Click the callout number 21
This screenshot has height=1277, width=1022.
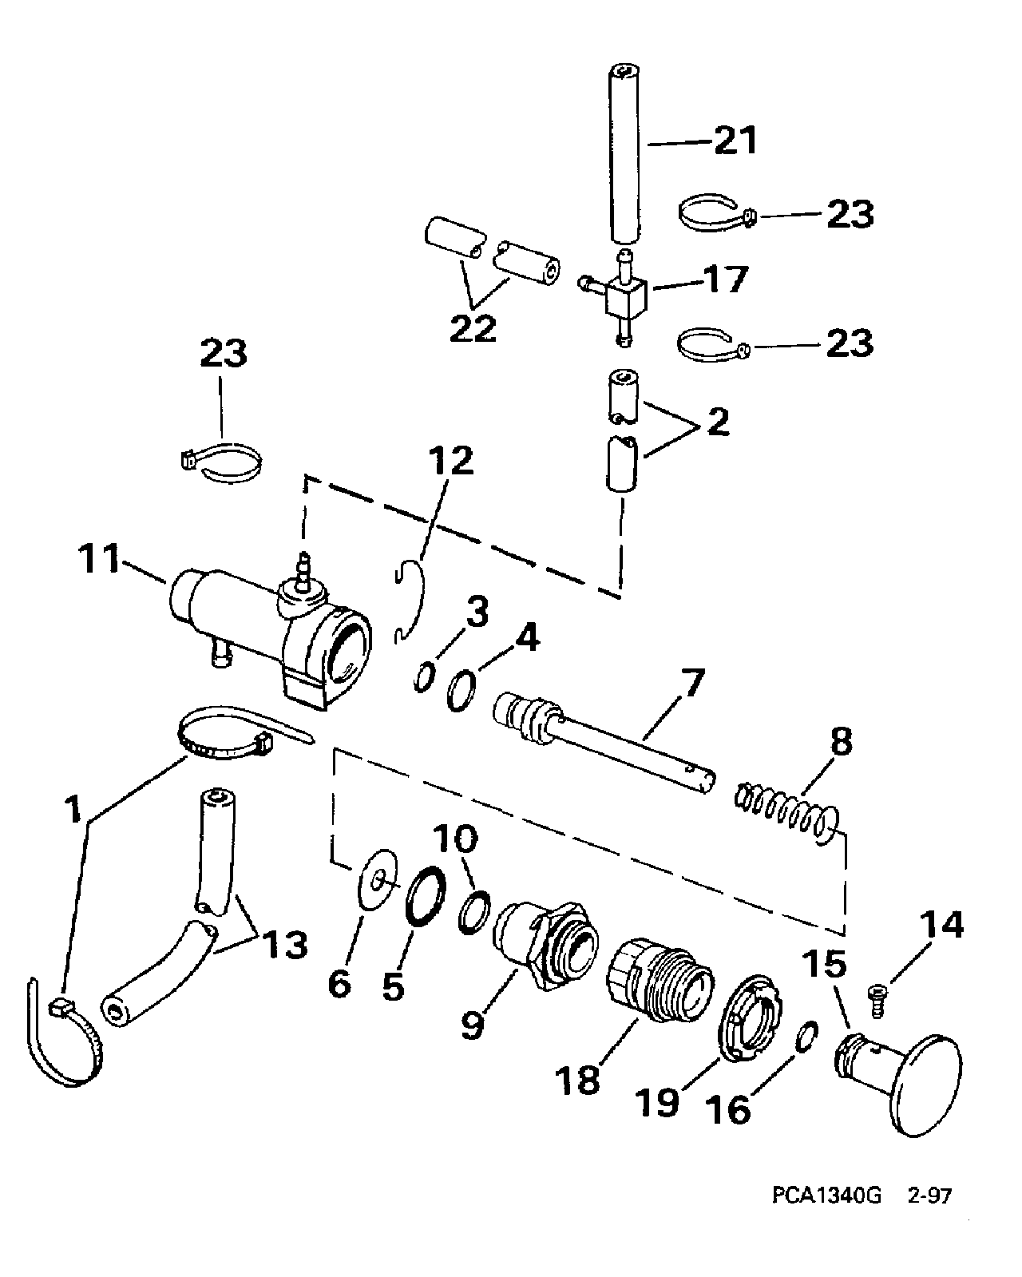tap(735, 141)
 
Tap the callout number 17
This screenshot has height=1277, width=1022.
tap(726, 280)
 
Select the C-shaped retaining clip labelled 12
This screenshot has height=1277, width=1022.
tap(415, 601)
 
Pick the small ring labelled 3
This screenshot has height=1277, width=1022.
tap(424, 677)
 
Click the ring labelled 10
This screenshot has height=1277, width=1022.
tap(474, 912)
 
